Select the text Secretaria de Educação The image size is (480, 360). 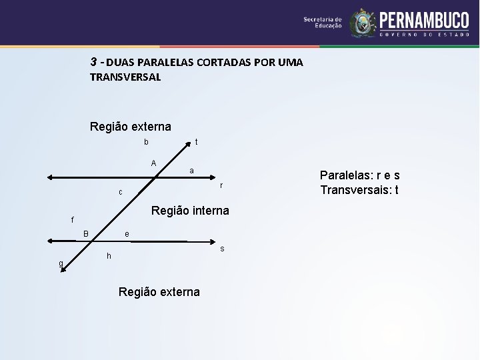(323, 23)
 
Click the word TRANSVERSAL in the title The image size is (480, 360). (125, 77)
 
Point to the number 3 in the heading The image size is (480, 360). (94, 62)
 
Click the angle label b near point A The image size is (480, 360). (146, 142)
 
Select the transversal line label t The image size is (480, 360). (196, 142)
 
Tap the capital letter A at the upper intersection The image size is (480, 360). (153, 163)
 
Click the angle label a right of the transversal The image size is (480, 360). (191, 171)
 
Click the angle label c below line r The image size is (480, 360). (121, 192)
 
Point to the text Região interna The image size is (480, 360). (190, 211)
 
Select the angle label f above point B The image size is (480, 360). (73, 219)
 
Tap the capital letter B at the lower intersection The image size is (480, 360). (86, 233)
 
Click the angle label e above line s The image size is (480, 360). (127, 233)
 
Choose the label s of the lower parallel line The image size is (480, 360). (222, 249)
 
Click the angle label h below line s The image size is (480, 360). (109, 256)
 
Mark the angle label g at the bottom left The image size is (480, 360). (61, 263)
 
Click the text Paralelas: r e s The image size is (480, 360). (360, 176)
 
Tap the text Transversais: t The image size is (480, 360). (360, 190)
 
